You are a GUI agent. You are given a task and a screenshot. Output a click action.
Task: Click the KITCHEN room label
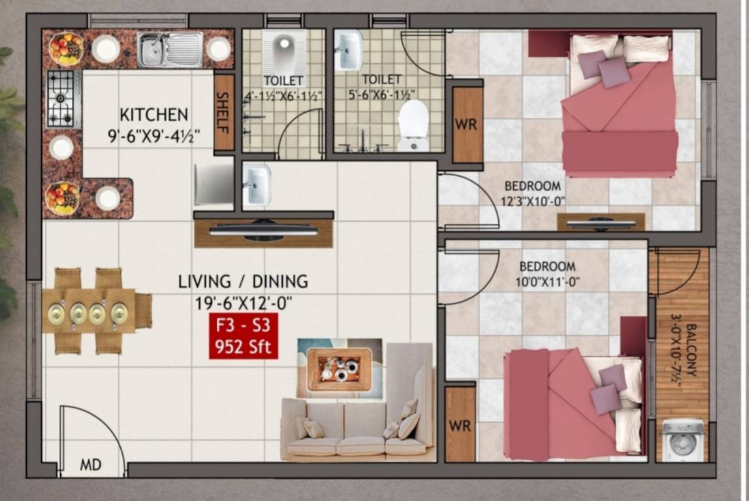154,115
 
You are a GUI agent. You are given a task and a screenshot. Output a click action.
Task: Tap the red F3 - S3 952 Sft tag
244,336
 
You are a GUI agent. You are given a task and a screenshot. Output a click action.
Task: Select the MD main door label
91,465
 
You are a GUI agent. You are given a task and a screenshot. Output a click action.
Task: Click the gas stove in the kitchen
63,99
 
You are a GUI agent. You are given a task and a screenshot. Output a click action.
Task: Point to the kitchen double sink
170,50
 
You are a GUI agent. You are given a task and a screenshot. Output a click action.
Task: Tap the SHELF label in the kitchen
223,112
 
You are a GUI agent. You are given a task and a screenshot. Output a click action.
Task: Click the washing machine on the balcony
683,441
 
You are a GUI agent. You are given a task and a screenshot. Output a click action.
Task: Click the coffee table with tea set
340,369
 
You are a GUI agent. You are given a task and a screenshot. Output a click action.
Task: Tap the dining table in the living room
92,312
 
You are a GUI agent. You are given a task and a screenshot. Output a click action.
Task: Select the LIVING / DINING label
243,282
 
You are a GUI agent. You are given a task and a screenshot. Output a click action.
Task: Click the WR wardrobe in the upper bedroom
467,124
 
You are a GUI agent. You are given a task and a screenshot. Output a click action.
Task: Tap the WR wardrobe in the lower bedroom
460,425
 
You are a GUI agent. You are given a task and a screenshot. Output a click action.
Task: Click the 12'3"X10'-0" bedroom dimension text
533,201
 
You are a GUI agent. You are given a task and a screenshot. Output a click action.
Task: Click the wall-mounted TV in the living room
263,230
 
